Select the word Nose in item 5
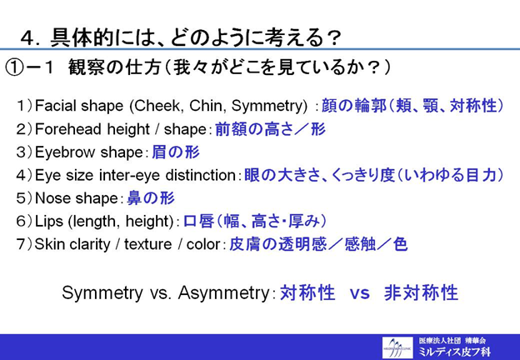tap(48, 198)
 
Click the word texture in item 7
tap(147, 244)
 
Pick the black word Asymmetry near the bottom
tap(223, 293)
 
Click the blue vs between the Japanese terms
tap(360, 293)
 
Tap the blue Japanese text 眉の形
tap(176, 152)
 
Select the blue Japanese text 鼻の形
tap(151, 198)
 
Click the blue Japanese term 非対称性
tap(421, 293)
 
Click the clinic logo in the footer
tap(397, 347)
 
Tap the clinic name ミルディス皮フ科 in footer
tap(454, 352)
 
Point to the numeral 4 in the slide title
tap(27, 39)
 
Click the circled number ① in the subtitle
tap(14, 68)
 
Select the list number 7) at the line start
tap(24, 244)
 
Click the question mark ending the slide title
tap(332, 38)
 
